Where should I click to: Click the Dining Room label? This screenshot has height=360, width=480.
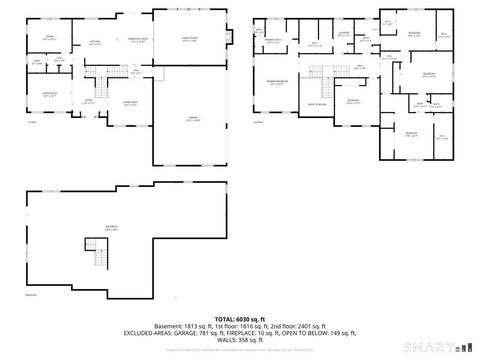point(130,103)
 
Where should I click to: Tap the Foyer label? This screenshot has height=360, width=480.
point(88,101)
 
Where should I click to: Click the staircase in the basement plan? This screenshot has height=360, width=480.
point(100,259)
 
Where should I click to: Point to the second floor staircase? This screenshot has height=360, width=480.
point(320,70)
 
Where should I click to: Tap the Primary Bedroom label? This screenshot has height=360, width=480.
point(277,83)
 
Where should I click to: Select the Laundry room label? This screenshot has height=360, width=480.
point(342,35)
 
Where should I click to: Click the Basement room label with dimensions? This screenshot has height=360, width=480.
point(111,228)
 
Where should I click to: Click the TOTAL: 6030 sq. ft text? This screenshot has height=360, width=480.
point(239,319)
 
